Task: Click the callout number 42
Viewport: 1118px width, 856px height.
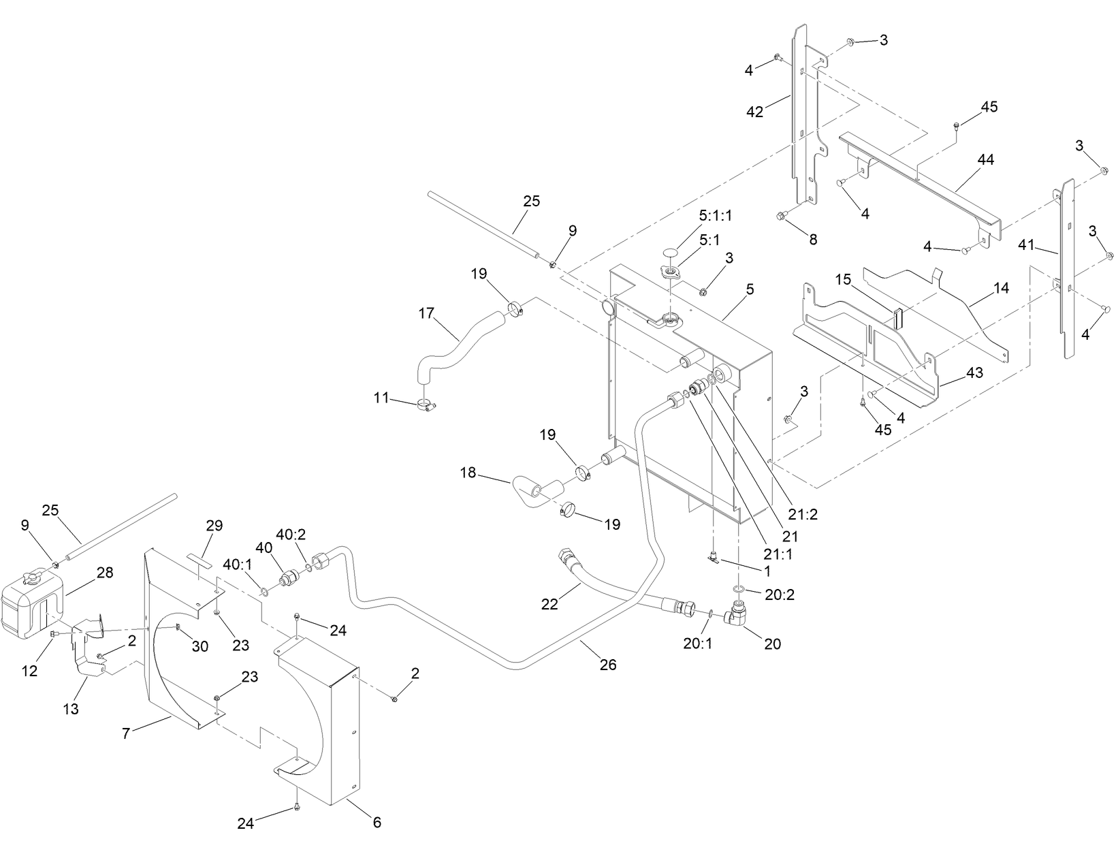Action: [754, 112]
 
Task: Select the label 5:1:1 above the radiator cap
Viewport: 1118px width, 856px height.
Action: [715, 216]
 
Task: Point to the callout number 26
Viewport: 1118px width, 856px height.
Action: [607, 664]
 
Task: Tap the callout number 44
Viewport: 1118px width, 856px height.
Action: [985, 159]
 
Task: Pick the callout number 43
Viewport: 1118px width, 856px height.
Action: [974, 373]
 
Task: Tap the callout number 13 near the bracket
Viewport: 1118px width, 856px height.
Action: [71, 709]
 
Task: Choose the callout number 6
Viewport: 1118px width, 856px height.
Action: [377, 822]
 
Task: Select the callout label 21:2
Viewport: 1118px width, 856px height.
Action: [804, 514]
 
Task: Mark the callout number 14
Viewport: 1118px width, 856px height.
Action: [1001, 288]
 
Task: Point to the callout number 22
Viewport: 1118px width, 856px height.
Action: [549, 603]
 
